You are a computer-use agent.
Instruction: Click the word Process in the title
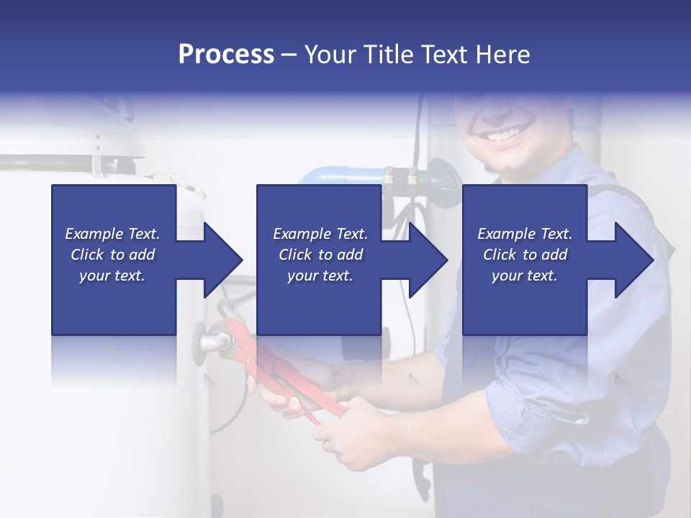pos(226,54)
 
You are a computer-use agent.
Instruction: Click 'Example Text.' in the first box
pos(112,234)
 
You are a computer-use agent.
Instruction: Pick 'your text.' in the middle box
pos(320,276)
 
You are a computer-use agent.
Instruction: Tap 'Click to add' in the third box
pos(525,255)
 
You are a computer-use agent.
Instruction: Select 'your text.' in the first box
pos(112,276)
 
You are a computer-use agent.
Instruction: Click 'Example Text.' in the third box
pos(525,234)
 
